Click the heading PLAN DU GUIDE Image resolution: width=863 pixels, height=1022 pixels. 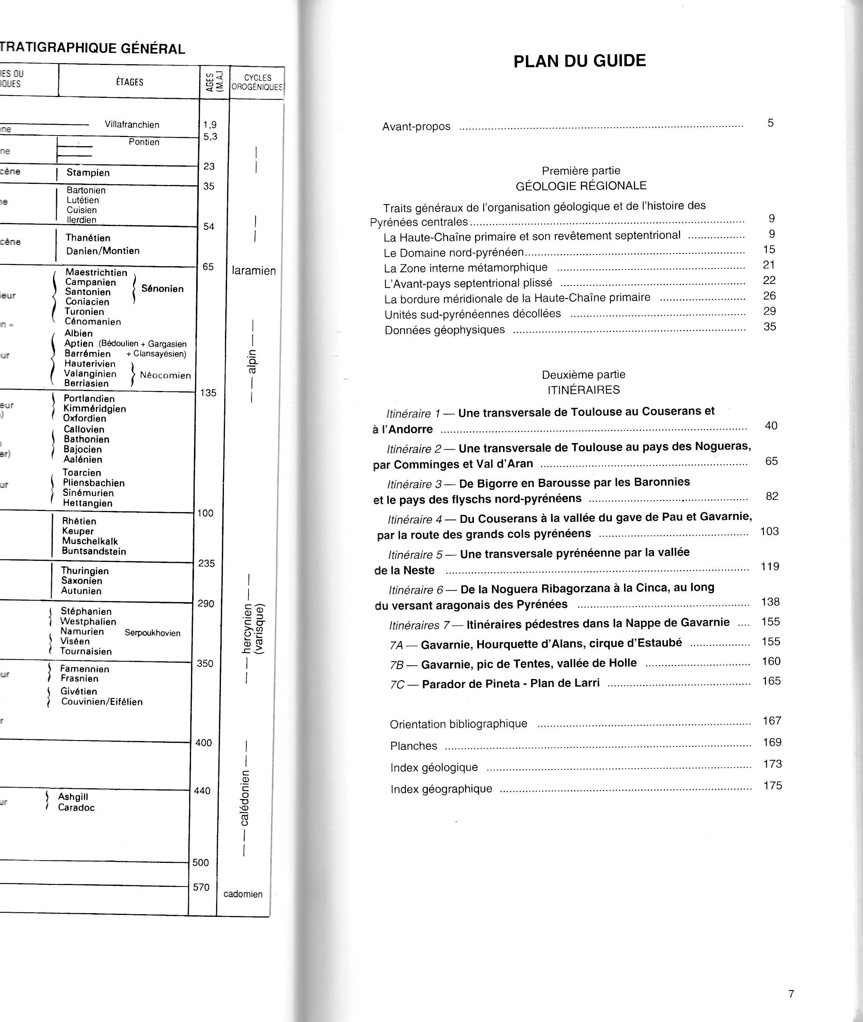point(579,61)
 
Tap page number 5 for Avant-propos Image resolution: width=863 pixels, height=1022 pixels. point(770,123)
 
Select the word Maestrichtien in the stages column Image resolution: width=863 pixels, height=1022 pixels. point(96,272)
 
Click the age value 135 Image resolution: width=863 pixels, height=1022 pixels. point(208,393)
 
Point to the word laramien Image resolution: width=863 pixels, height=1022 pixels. point(254,271)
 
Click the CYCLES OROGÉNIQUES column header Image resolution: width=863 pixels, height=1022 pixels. point(257,82)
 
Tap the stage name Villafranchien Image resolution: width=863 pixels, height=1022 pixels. point(132,125)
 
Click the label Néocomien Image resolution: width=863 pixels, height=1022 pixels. point(165,375)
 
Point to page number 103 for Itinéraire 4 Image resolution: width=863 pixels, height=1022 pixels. point(769,531)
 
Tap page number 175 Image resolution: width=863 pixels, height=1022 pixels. point(773,785)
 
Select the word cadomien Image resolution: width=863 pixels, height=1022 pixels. point(243,894)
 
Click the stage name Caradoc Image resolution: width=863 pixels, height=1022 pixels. point(76,807)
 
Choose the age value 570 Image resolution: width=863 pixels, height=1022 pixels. point(201,887)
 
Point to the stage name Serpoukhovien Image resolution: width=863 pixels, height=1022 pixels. point(152,633)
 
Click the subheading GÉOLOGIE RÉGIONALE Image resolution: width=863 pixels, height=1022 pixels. point(581,186)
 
